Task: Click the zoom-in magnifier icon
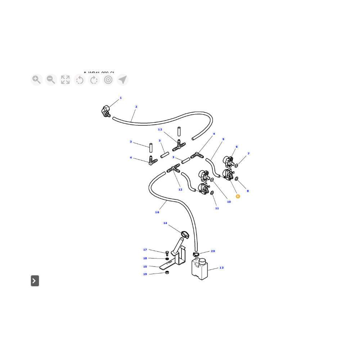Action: (x=36, y=80)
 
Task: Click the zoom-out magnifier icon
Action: (x=51, y=80)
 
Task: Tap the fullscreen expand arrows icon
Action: (x=65, y=80)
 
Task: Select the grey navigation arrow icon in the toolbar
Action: (x=123, y=80)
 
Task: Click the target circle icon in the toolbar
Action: (x=108, y=80)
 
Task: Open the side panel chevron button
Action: (x=35, y=281)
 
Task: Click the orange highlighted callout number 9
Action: (x=238, y=196)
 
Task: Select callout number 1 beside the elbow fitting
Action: (x=121, y=98)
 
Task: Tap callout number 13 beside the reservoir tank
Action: (x=221, y=268)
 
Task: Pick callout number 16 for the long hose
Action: (x=157, y=212)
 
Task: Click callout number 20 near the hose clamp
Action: (x=213, y=251)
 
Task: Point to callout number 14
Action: (x=165, y=223)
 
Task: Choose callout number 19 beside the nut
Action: (x=145, y=274)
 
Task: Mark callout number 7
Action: (x=248, y=154)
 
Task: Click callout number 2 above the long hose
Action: (x=136, y=107)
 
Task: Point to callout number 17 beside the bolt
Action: (x=145, y=250)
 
